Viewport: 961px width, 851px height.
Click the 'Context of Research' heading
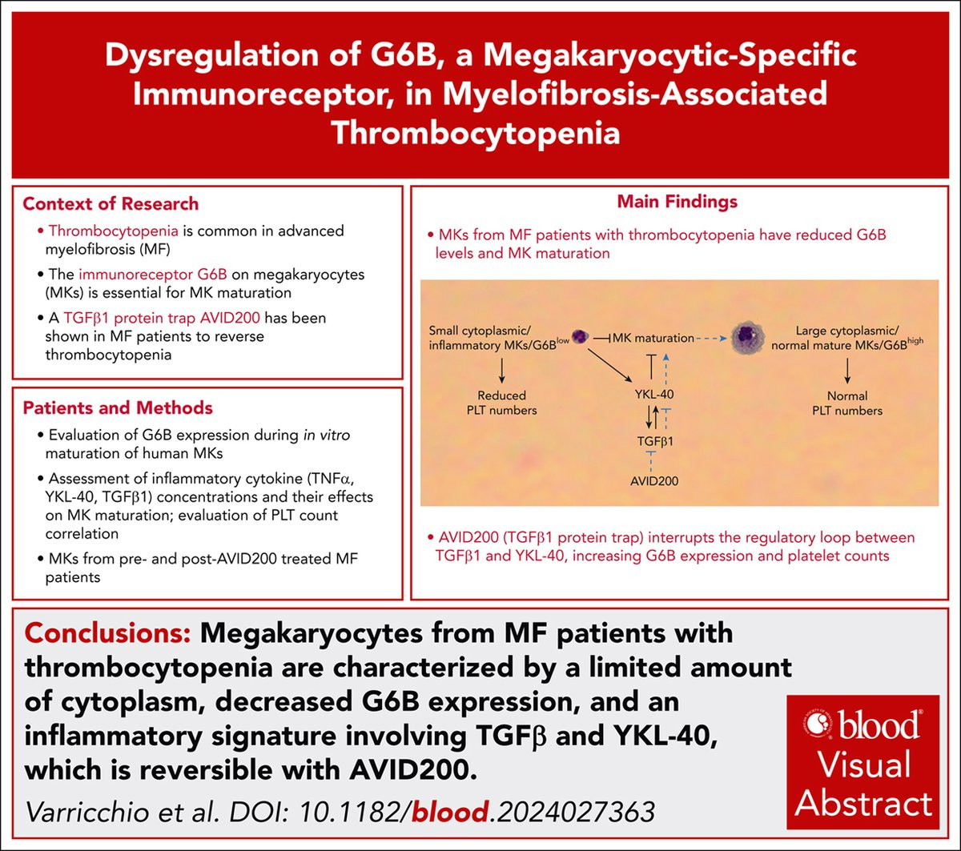pyautogui.click(x=111, y=203)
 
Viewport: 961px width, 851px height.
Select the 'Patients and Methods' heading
pyautogui.click(x=118, y=407)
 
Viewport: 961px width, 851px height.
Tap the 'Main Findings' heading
pyautogui.click(x=677, y=202)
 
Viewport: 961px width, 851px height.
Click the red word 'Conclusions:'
pyautogui.click(x=107, y=633)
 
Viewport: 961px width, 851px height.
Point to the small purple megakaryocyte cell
pyautogui.click(x=580, y=337)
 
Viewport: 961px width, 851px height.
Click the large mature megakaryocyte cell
pyautogui.click(x=747, y=337)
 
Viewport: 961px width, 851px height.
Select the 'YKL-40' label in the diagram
pyautogui.click(x=654, y=395)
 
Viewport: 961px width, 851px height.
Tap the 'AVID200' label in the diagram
pyautogui.click(x=654, y=481)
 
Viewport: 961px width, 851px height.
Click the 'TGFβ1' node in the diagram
pyautogui.click(x=655, y=441)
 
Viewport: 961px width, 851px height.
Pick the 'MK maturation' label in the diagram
pyautogui.click(x=653, y=338)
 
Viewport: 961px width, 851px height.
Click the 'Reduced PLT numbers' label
pyautogui.click(x=502, y=403)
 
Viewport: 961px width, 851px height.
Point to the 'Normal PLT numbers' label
pyautogui.click(x=847, y=403)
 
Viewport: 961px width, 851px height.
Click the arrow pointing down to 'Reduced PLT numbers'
pyautogui.click(x=502, y=371)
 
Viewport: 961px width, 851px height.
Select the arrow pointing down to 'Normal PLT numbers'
pyautogui.click(x=847, y=371)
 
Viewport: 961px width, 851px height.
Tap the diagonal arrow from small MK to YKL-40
pyautogui.click(x=609, y=366)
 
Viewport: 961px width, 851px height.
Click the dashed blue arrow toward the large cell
pyautogui.click(x=711, y=338)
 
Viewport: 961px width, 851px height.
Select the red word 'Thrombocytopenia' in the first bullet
pyautogui.click(x=114, y=231)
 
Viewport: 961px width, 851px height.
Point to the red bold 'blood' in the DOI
pyautogui.click(x=450, y=812)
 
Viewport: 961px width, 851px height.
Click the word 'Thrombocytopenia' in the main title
pyautogui.click(x=476, y=133)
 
